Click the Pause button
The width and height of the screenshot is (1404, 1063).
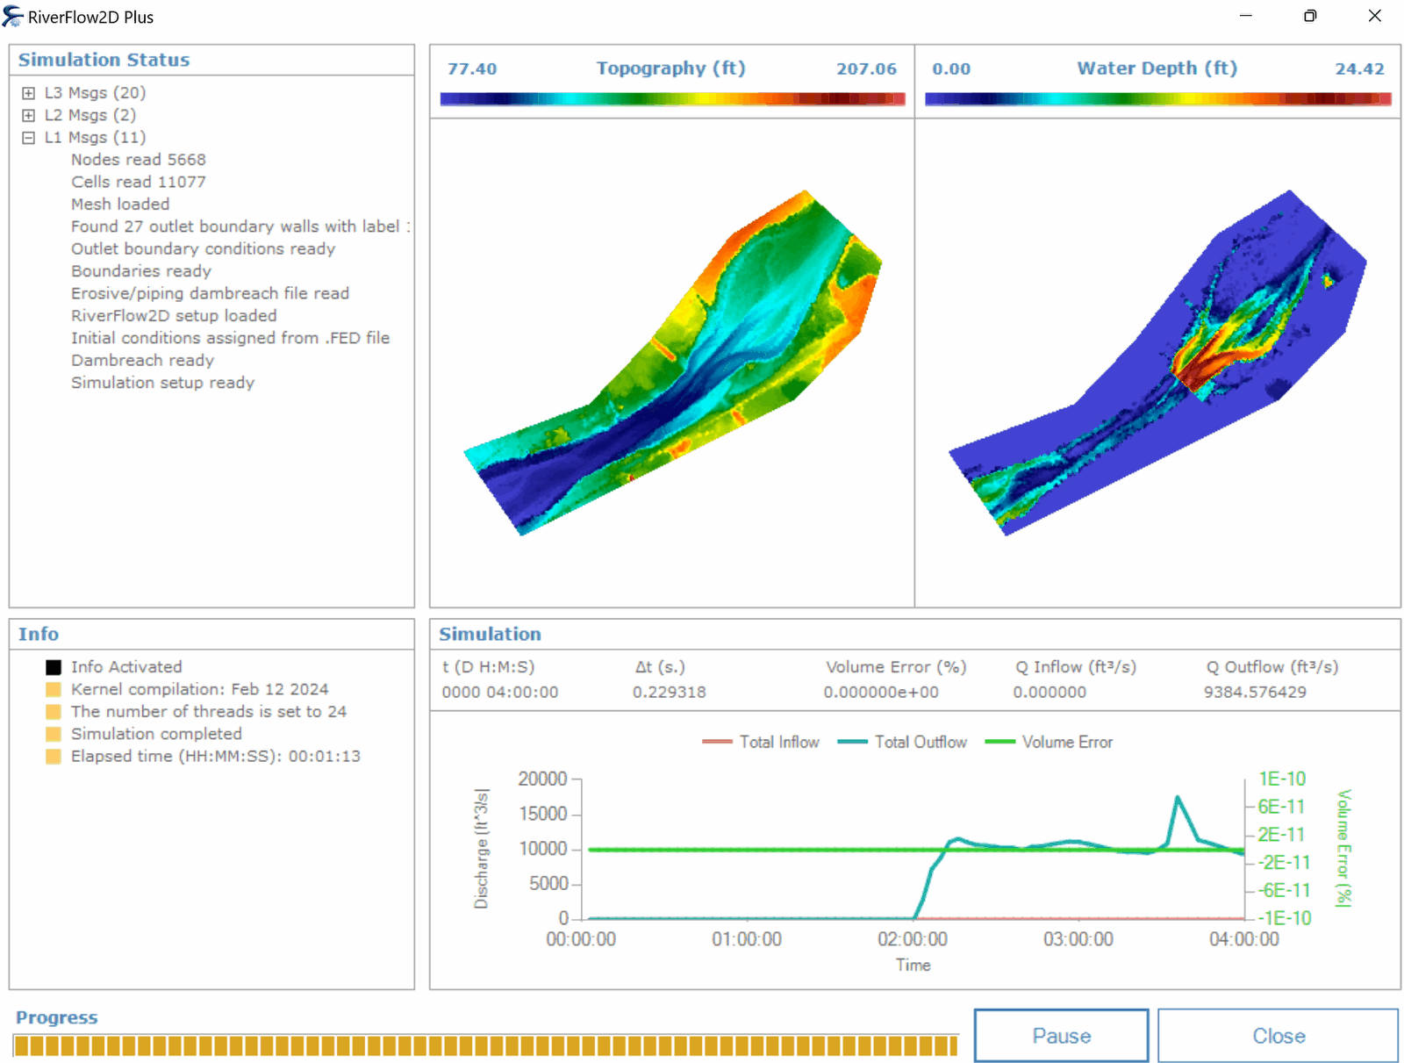tap(1061, 1036)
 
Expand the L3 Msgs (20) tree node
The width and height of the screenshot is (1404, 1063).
tap(29, 93)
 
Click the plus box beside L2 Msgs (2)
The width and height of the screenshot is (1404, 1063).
tap(29, 115)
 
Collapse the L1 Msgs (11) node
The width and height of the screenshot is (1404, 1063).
tap(29, 138)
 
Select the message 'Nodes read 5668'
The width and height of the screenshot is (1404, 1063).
tap(139, 160)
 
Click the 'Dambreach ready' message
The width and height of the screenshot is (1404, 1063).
tap(142, 360)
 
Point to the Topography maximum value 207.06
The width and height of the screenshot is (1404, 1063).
tap(866, 68)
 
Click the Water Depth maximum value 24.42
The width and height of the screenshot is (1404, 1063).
tap(1359, 68)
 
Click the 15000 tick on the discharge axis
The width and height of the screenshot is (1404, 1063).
tap(543, 814)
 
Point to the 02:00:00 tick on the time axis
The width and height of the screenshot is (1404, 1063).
tap(913, 939)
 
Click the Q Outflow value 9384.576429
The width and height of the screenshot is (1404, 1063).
tap(1255, 692)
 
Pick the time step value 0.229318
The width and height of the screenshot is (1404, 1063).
tap(669, 692)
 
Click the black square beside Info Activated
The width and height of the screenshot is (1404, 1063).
tap(54, 667)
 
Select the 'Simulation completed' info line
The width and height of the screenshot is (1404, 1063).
tap(156, 734)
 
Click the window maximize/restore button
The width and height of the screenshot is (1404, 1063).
tap(1310, 16)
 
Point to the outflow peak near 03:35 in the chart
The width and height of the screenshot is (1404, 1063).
tap(1178, 797)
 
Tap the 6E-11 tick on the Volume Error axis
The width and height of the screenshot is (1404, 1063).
tap(1281, 807)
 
